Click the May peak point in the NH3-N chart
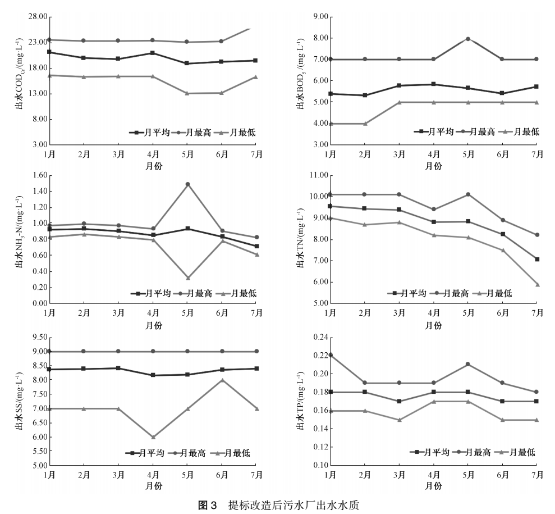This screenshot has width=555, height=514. [187, 184]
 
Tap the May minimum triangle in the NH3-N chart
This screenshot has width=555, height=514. [187, 278]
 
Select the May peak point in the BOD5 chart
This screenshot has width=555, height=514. [468, 39]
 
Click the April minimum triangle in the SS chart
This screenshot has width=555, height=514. [153, 436]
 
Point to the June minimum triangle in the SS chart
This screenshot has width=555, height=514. [222, 380]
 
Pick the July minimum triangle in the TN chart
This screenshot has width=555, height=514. [537, 284]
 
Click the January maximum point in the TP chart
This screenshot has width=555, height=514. [331, 355]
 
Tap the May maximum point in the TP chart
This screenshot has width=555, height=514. [468, 364]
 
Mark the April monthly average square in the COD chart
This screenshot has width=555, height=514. [153, 53]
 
